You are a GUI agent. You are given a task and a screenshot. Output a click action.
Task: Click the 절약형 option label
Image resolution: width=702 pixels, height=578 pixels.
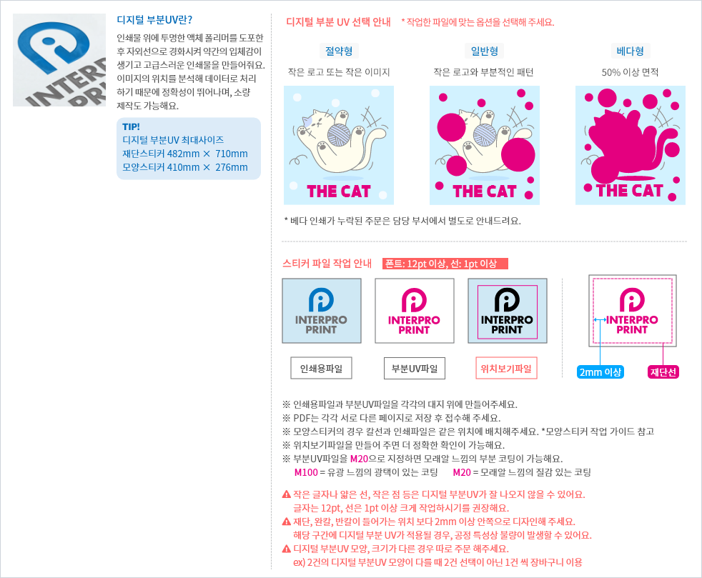coord(339,51)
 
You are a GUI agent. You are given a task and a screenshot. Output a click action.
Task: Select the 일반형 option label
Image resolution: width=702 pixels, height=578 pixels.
coord(485,51)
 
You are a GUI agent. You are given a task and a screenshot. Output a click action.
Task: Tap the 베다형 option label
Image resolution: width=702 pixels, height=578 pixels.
coord(630,51)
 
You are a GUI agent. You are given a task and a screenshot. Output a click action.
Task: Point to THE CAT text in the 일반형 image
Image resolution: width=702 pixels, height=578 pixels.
coord(484,191)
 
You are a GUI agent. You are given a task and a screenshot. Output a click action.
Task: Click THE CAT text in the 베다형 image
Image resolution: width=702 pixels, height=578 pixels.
coord(629,191)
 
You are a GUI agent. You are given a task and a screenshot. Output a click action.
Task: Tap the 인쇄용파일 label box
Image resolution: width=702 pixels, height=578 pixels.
coord(321,369)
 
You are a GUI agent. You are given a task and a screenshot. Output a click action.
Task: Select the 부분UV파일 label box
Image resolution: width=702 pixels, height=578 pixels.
coord(414,369)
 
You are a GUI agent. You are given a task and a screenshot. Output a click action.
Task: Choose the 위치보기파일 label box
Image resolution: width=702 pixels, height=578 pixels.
coord(506,369)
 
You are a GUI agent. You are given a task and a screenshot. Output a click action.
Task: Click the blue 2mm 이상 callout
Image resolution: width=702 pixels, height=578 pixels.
coord(600,372)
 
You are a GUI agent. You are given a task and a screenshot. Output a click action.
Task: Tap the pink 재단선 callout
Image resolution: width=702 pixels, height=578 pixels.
coord(663,372)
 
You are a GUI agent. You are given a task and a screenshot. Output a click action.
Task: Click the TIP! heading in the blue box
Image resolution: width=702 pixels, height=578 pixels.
coord(132,126)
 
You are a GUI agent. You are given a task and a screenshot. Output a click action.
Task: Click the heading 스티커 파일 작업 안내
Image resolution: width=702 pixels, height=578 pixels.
coord(327,264)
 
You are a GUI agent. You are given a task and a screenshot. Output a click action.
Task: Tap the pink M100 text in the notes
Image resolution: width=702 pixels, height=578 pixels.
coord(306,472)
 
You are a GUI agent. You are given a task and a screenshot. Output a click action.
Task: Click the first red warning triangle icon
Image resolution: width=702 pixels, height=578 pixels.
coord(286,494)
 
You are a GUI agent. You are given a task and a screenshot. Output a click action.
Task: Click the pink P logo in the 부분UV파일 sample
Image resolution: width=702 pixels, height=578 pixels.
coord(414,300)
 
